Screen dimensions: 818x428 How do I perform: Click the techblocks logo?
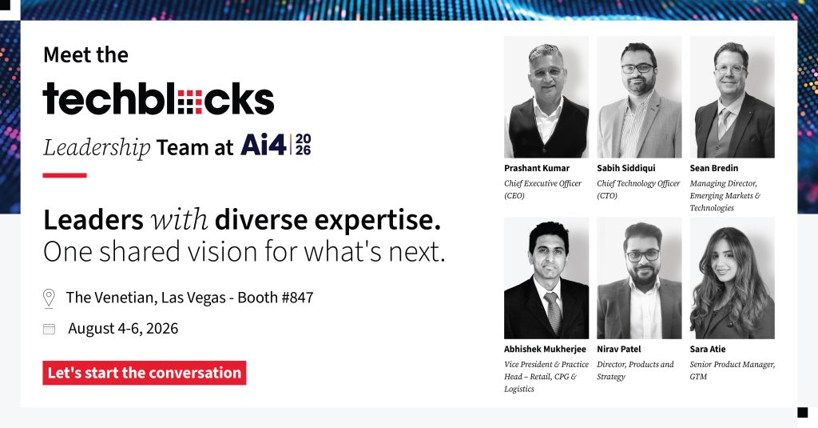click(x=158, y=98)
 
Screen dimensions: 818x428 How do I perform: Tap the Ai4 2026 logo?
click(x=276, y=145)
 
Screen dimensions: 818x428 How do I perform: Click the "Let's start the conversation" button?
click(x=145, y=373)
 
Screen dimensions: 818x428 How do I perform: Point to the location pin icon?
click(x=49, y=298)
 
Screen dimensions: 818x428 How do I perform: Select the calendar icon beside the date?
click(x=49, y=329)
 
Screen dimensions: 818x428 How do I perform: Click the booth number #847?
click(x=297, y=298)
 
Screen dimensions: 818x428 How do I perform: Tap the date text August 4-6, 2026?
click(x=123, y=328)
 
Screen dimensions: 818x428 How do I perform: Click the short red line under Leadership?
click(x=65, y=175)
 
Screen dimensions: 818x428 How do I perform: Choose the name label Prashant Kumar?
click(x=537, y=168)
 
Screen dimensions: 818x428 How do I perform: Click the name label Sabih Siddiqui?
click(x=626, y=168)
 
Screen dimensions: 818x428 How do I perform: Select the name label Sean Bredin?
click(x=713, y=168)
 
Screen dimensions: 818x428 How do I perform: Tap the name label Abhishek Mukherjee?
click(x=545, y=349)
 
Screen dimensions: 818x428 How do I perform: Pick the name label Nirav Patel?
click(x=619, y=349)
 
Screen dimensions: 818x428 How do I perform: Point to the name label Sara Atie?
click(x=708, y=349)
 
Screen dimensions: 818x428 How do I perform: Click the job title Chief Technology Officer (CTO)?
click(x=638, y=189)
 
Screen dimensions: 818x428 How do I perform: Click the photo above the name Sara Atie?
click(x=732, y=278)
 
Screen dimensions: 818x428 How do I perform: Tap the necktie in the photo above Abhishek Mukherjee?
click(x=553, y=312)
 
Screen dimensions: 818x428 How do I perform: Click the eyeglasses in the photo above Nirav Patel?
click(x=643, y=255)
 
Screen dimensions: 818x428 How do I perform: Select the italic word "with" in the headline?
click(x=179, y=220)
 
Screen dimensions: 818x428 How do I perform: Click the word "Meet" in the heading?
click(x=64, y=55)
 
